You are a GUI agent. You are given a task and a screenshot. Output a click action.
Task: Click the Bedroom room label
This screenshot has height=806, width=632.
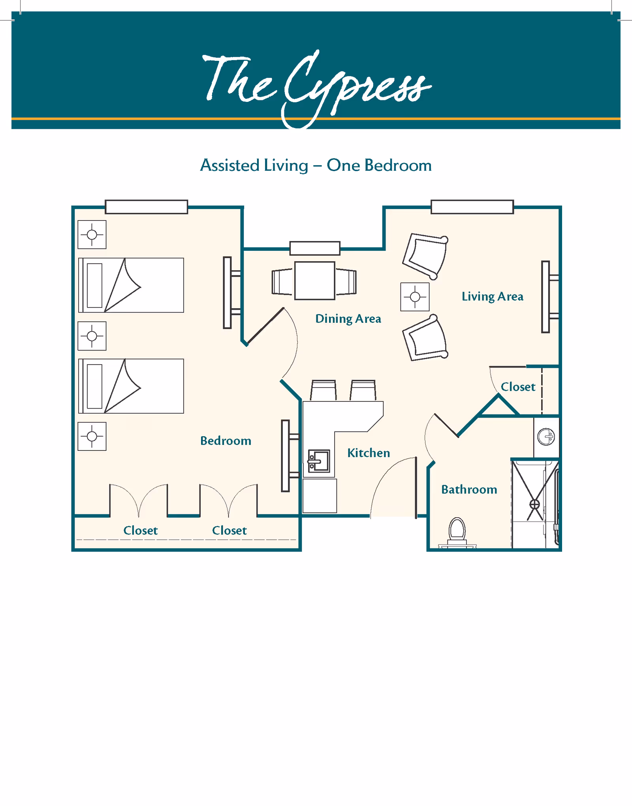click(226, 441)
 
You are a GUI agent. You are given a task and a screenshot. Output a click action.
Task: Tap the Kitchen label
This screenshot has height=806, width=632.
click(369, 453)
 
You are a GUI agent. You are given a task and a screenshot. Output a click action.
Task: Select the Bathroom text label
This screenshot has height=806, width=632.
click(469, 490)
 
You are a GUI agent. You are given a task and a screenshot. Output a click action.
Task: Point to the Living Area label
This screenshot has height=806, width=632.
click(492, 296)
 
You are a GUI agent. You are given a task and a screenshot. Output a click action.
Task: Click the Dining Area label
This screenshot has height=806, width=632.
click(348, 318)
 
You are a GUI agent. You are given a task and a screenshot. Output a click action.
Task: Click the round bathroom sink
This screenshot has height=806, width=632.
click(546, 437)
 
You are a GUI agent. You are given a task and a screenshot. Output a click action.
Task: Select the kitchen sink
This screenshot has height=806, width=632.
click(319, 461)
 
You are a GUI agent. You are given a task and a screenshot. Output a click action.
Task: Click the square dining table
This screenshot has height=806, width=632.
click(314, 281)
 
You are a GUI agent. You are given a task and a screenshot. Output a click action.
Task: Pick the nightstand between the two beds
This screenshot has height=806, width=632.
click(92, 336)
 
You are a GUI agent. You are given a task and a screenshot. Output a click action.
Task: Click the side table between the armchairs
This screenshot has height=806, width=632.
click(415, 297)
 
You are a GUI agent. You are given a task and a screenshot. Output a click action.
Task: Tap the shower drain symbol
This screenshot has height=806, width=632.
click(534, 504)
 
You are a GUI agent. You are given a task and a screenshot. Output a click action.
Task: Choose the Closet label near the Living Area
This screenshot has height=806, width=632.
click(518, 387)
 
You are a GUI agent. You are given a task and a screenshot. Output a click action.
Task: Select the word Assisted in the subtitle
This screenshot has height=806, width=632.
click(230, 165)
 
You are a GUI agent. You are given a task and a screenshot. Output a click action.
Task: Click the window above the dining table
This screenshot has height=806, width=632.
click(314, 248)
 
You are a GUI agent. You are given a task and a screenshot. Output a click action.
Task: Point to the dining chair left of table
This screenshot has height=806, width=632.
click(282, 282)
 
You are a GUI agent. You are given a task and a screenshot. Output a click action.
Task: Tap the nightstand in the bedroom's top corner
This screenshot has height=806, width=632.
click(92, 235)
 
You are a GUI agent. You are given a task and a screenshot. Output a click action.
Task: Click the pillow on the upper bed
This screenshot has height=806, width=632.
click(95, 285)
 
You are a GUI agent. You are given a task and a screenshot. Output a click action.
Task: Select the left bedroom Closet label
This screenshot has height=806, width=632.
click(140, 530)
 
